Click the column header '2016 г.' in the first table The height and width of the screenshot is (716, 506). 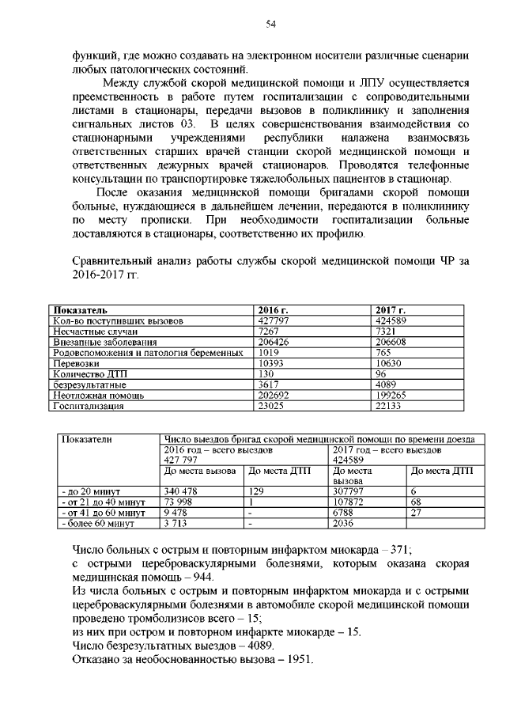(x=274, y=309)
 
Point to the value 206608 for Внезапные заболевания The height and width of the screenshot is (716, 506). (x=392, y=342)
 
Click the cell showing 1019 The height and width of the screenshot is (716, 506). (x=270, y=352)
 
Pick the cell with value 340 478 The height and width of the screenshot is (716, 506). (x=182, y=491)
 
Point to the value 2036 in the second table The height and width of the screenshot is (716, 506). (x=346, y=523)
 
